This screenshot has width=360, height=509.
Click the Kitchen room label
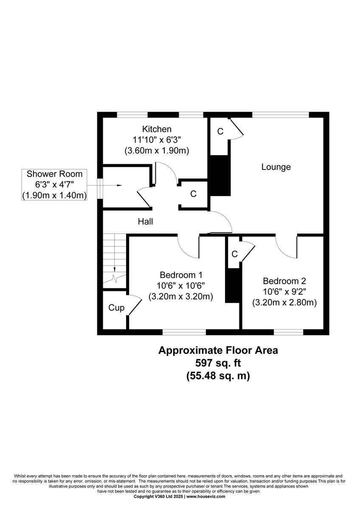[x=157, y=129]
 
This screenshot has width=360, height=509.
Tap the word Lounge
[x=276, y=167]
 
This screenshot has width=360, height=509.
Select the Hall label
[x=145, y=221]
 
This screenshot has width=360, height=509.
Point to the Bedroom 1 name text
[x=181, y=274]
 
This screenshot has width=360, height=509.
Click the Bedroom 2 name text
[x=284, y=281]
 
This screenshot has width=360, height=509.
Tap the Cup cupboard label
[x=116, y=308]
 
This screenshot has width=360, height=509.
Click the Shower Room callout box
[x=54, y=185]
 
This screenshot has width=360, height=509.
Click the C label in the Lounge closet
[x=220, y=131]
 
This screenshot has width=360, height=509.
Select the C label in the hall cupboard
[x=193, y=194]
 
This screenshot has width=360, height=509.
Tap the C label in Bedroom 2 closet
[x=234, y=254]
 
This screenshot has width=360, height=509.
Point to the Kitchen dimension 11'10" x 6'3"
[x=157, y=140]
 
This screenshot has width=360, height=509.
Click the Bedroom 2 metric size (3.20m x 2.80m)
[x=284, y=303]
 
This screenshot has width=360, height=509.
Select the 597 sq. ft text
[x=218, y=363]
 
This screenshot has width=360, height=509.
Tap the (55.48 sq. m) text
[x=218, y=375]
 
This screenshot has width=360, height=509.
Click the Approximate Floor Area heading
[x=218, y=350]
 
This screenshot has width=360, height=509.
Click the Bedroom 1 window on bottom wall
[x=184, y=332]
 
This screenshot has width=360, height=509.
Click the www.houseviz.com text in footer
[x=206, y=496]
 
